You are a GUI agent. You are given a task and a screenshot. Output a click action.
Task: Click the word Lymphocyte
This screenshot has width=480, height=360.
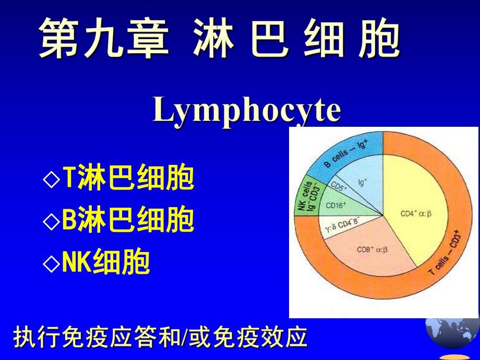click(x=247, y=111)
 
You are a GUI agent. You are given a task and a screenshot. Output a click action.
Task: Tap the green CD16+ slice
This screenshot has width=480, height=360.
click(x=337, y=206)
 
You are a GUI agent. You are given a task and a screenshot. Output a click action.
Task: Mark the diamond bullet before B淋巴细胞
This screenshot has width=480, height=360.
click(x=51, y=221)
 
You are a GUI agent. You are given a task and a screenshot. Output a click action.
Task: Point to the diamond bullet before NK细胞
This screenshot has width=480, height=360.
click(x=51, y=263)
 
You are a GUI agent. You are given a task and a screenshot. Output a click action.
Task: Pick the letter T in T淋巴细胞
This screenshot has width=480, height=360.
click(x=68, y=179)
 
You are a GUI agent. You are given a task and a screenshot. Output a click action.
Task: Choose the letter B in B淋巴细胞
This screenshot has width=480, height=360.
click(x=69, y=221)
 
